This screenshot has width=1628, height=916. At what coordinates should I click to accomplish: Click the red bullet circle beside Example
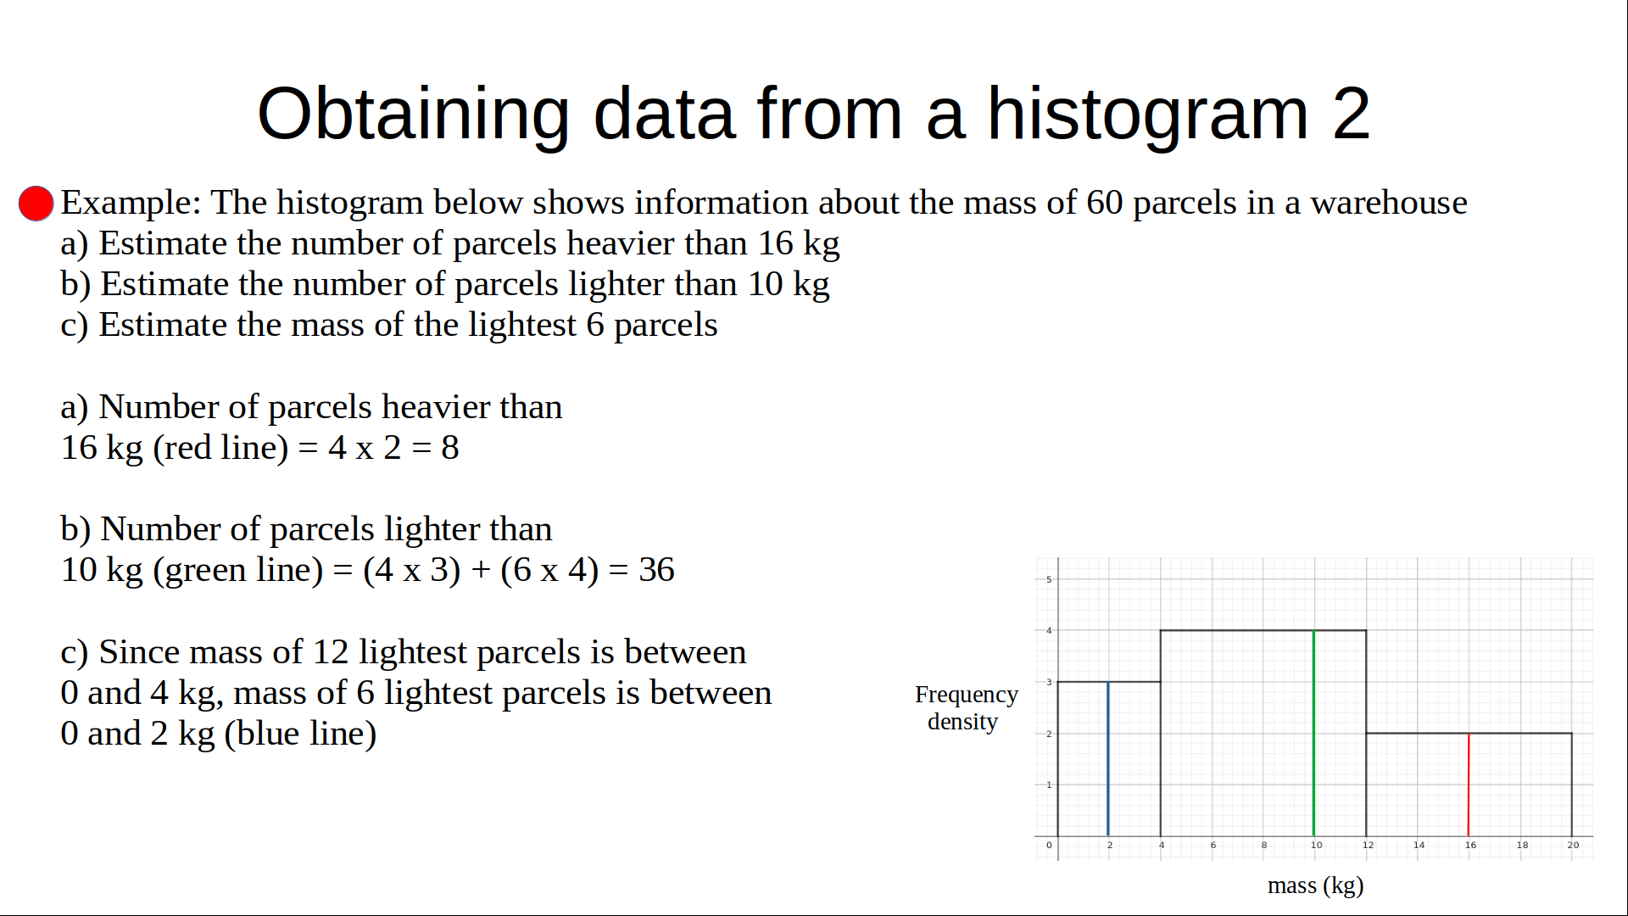point(36,204)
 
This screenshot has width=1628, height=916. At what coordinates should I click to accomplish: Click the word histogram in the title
point(1148,115)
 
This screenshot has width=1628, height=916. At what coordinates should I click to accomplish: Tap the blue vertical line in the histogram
point(1108,758)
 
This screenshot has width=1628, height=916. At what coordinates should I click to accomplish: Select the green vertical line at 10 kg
point(1313,733)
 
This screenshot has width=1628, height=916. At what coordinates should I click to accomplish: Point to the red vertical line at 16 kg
point(1469,785)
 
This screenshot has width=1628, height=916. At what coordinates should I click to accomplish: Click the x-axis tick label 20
point(1573,845)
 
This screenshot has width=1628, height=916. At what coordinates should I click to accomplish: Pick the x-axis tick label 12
point(1368,845)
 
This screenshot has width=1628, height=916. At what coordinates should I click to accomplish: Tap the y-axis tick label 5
point(1049,579)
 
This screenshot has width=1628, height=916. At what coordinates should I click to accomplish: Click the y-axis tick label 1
point(1049,785)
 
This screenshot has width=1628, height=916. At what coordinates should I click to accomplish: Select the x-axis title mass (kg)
point(1315,885)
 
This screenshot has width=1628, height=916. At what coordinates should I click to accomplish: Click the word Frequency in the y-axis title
point(967,695)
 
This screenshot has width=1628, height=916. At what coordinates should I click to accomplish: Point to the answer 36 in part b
point(656,570)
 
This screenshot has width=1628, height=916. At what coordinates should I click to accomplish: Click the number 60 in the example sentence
point(1105,203)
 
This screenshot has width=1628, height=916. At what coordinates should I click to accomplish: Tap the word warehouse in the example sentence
point(1389,203)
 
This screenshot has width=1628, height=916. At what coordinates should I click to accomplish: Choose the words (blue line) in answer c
point(300,734)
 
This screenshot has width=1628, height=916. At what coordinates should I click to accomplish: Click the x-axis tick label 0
point(1049,845)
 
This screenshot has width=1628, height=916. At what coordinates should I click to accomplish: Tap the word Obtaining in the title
point(414,115)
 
